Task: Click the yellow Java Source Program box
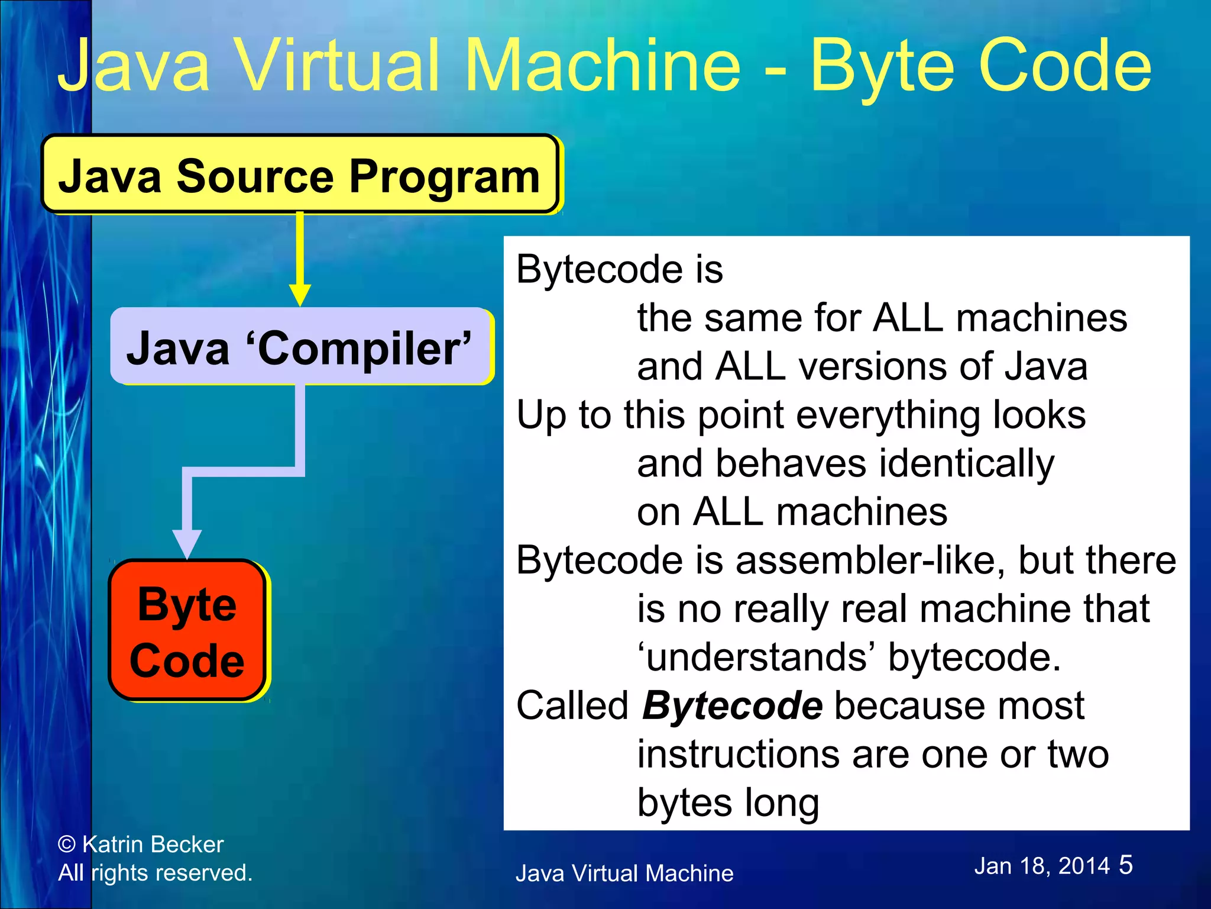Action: [299, 175]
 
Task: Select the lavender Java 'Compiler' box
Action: [300, 347]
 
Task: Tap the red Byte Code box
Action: [187, 631]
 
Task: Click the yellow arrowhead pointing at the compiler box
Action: [300, 294]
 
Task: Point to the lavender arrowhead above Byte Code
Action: [187, 542]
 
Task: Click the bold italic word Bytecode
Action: [732, 705]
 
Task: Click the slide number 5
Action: [1125, 865]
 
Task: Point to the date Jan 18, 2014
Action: [1042, 866]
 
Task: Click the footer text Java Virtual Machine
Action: [624, 873]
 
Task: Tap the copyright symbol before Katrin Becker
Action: [67, 844]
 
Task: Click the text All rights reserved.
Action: [155, 873]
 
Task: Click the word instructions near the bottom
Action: [737, 755]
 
